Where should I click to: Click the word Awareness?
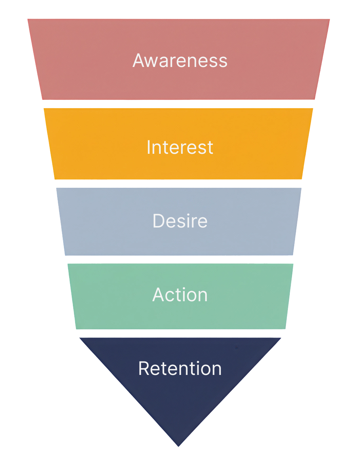[180, 60]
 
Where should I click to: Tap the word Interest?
[180, 147]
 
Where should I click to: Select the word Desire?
[180, 221]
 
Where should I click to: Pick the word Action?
[180, 295]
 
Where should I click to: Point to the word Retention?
[180, 368]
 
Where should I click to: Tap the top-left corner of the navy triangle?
[80, 338]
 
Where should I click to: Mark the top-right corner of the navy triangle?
[281, 338]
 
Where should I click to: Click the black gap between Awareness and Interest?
[179, 104]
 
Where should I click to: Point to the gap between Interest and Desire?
[179, 183]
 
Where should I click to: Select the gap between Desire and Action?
[179, 260]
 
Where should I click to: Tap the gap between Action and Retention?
[179, 333]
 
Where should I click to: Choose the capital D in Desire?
[159, 221]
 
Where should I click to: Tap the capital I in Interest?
[148, 147]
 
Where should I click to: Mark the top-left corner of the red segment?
[28, 19]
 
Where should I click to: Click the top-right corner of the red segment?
[329, 19]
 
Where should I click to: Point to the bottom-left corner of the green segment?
[76, 329]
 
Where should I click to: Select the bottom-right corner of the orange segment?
[302, 179]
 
